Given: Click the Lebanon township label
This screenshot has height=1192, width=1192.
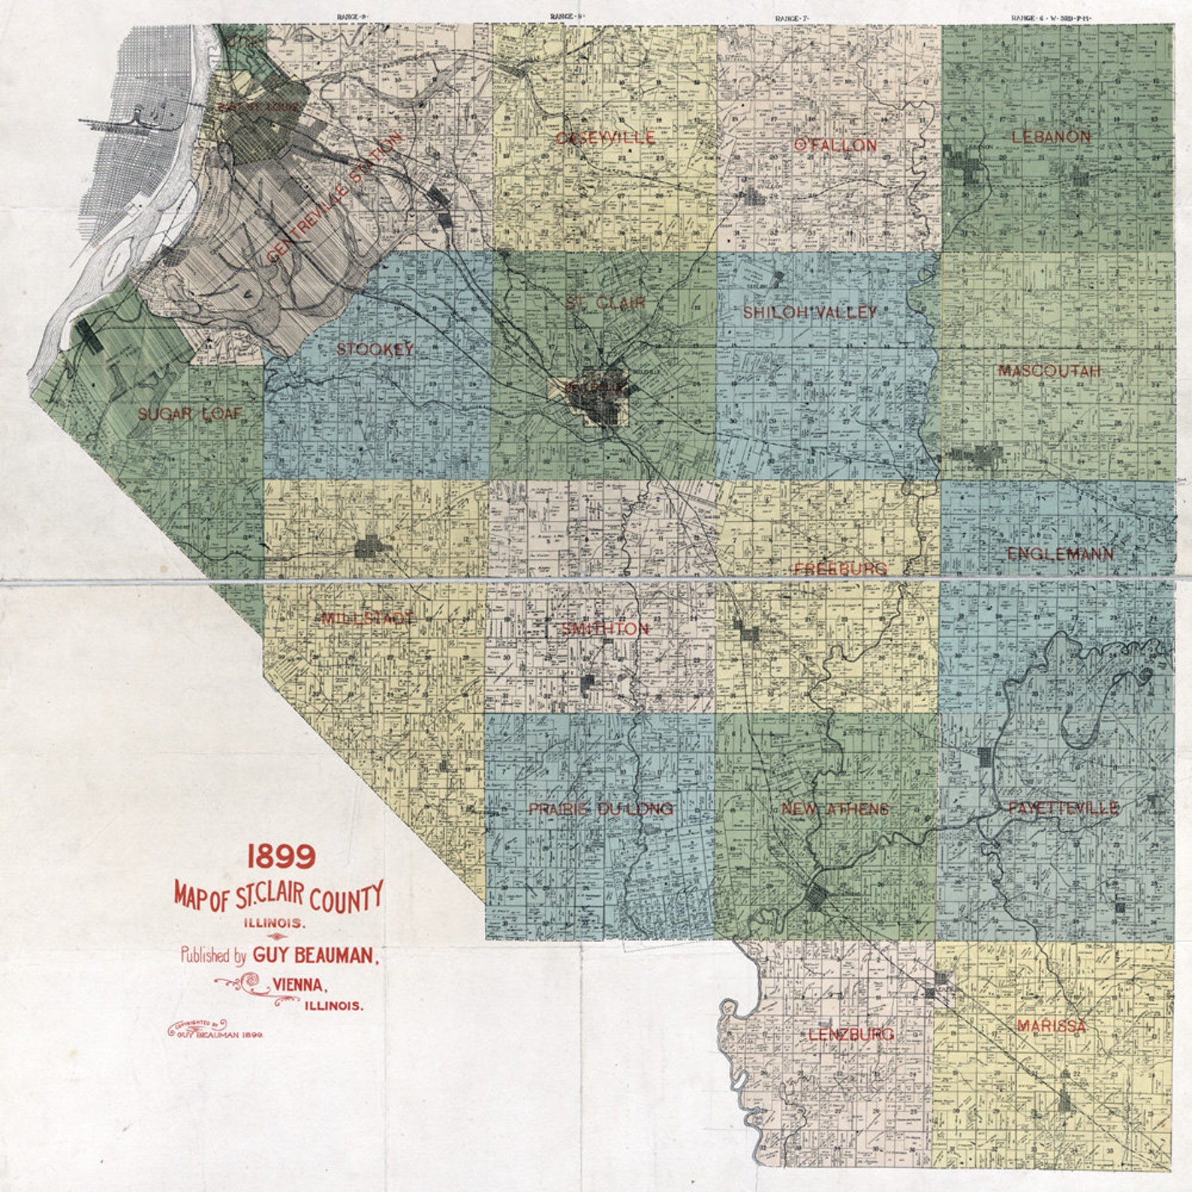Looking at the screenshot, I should tap(1051, 137).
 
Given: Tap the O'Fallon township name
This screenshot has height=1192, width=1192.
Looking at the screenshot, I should tap(835, 146).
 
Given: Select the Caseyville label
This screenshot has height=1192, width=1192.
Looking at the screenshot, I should tap(605, 138).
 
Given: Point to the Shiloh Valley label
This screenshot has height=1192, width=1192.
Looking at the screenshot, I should tap(810, 313).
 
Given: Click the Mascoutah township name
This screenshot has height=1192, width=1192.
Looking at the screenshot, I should tap(1049, 372).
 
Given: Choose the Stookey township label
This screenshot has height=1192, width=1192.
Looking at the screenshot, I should tap(375, 350).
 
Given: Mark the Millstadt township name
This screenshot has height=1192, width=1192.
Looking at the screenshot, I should tap(367, 619).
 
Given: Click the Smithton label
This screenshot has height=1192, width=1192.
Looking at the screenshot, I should tap(605, 629).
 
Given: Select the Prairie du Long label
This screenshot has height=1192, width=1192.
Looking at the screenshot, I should tap(601, 809).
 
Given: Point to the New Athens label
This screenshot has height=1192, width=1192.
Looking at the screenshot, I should tap(835, 809).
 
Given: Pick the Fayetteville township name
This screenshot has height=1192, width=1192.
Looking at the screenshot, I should tap(1063, 808).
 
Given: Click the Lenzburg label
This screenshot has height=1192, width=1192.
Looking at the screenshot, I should tap(851, 1035).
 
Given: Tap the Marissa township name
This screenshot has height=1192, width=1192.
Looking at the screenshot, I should tap(1051, 1026).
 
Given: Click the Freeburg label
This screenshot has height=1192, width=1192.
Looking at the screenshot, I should tap(840, 569).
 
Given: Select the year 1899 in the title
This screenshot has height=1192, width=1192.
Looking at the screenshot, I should tap(281, 856).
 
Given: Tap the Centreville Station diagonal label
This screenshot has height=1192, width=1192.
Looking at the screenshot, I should tap(335, 197).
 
